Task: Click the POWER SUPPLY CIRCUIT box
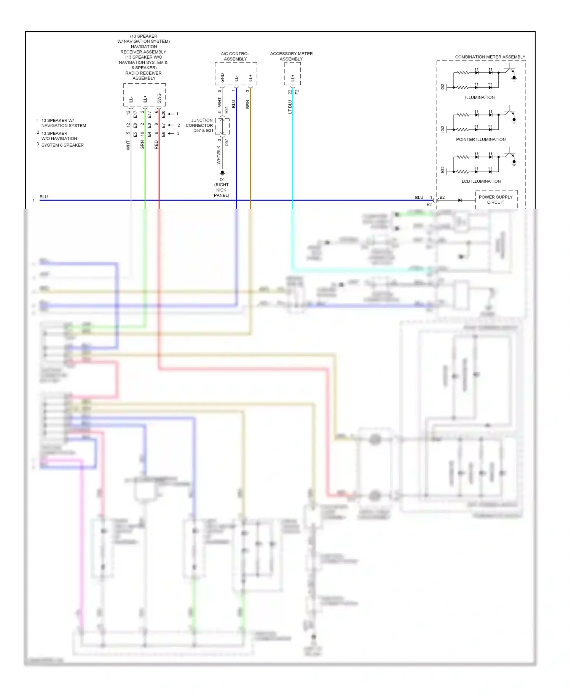pos(496,200)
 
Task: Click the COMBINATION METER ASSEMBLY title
pos(490,57)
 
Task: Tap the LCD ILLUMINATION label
pos(481,181)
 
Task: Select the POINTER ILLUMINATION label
pos(481,139)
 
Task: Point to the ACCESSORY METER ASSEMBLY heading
pos(291,56)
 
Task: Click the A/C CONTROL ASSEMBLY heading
pos(235,56)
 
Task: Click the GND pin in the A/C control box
pos(222,78)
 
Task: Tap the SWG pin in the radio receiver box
pos(159,98)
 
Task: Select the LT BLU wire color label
pos(290,107)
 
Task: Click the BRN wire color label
pos(247,104)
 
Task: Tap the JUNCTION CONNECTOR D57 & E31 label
pos(199,125)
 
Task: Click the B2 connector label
pos(442,197)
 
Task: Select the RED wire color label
pos(156,145)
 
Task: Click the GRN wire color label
pos(142,145)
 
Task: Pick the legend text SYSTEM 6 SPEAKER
pos(62,145)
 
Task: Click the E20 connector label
pos(163,114)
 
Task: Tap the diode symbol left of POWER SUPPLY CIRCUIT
pos(460,200)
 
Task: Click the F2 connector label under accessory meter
pos(297,92)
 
